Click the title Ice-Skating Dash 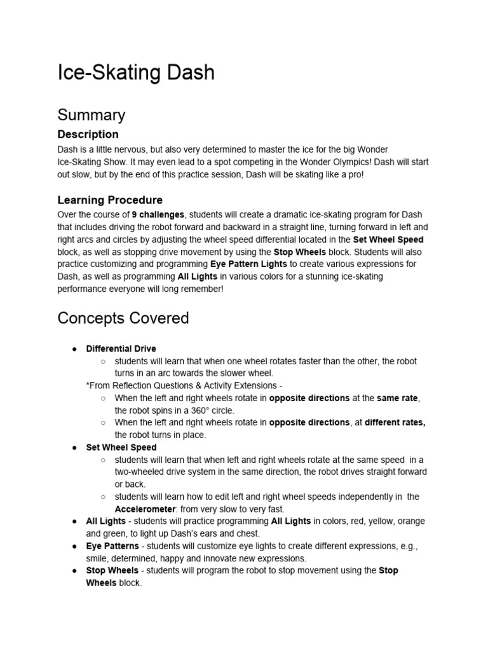click(136, 72)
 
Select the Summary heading click(91, 115)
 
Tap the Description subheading click(88, 134)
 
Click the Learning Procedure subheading click(110, 200)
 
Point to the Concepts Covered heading click(123, 318)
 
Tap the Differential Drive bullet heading click(121, 349)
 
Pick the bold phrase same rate click(397, 398)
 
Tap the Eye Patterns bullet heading click(112, 546)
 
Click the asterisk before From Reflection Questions click(88, 386)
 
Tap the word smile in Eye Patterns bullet click(126, 558)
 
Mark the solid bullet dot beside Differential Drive click(74, 349)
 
